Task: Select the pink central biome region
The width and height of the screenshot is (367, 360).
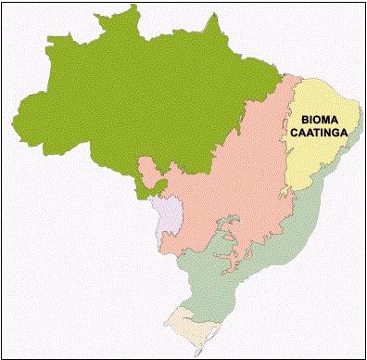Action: pyautogui.click(x=222, y=186)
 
